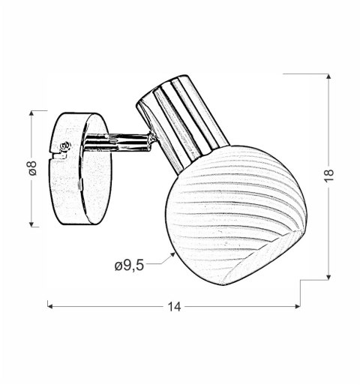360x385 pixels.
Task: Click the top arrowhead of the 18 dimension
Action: tap(328, 77)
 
